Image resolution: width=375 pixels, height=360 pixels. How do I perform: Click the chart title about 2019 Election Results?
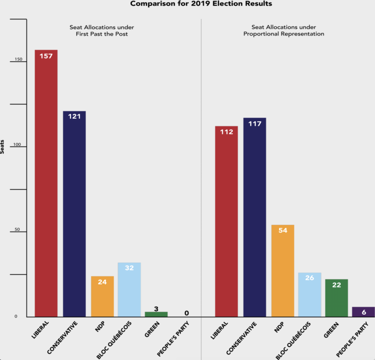tap(201, 4)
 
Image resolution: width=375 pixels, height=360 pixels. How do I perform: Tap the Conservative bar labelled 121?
tap(74, 214)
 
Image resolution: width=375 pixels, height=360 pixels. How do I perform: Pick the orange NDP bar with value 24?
tap(102, 297)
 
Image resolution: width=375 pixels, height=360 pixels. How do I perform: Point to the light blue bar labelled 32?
tap(129, 290)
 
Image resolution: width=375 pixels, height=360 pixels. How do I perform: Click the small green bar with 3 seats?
tap(156, 314)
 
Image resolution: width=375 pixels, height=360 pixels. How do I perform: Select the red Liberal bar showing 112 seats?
tap(226, 221)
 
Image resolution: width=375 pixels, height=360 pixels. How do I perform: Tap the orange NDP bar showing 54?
tap(282, 270)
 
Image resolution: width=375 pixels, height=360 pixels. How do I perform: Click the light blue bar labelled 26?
tap(310, 295)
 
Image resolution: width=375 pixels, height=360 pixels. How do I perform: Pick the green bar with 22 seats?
tap(336, 298)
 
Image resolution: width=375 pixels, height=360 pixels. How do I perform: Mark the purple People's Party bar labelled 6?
tap(363, 312)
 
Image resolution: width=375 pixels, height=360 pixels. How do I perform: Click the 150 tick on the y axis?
tap(19, 60)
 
